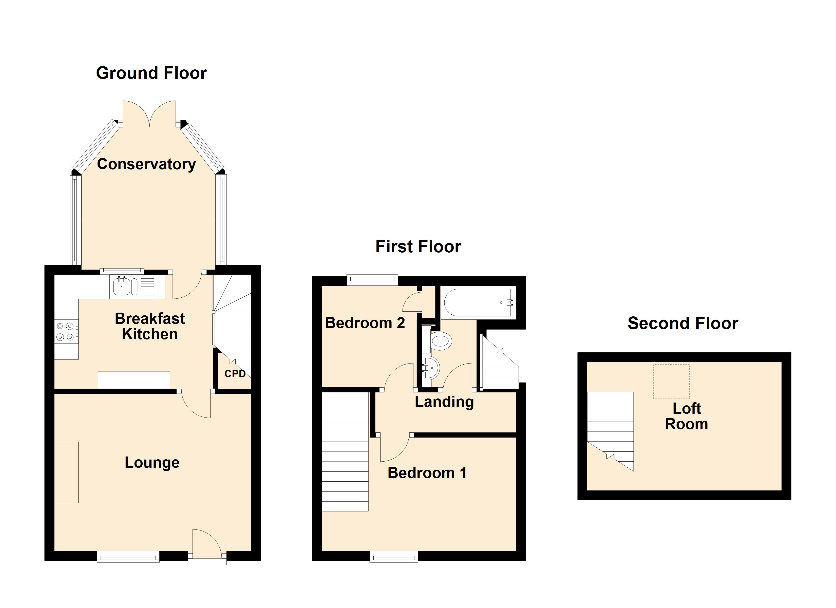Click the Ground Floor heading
point(151,73)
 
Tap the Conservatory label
point(146,164)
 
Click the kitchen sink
point(122,287)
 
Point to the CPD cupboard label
point(235,374)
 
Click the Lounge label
point(152,462)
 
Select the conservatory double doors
point(149,114)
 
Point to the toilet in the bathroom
point(440,341)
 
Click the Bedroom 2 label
point(365,323)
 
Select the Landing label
point(444,402)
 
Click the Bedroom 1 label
point(427,473)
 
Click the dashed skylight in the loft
point(671,382)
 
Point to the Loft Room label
point(686,416)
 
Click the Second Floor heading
point(683,323)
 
